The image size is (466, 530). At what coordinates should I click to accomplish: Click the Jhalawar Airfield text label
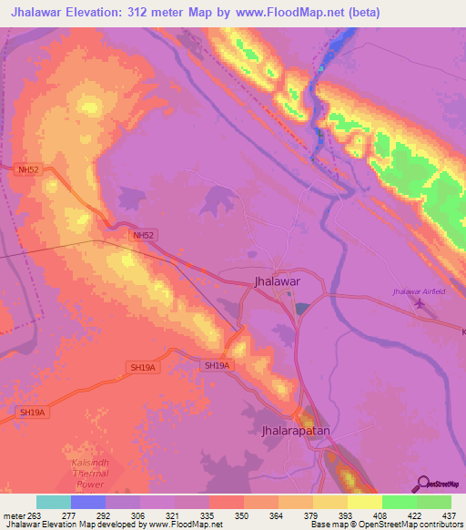418,290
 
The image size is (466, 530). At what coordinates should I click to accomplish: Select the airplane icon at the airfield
419,304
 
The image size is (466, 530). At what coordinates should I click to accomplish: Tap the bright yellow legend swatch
364,502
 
